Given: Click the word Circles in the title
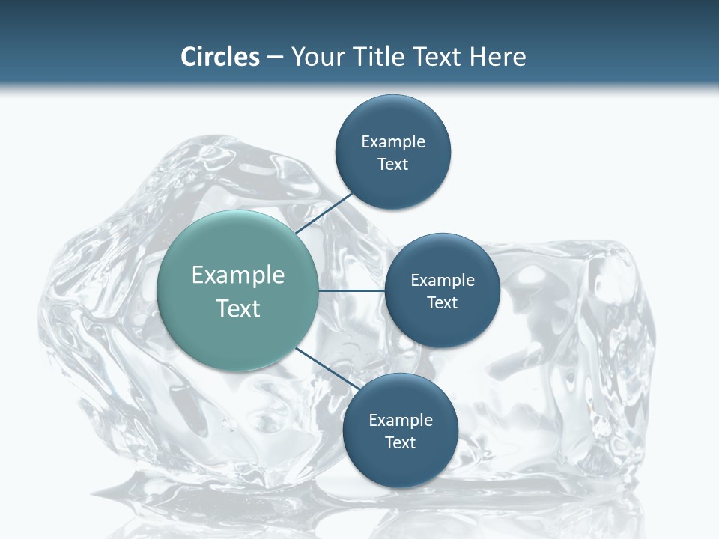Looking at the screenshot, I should [220, 57].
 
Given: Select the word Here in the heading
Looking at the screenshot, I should [497, 57].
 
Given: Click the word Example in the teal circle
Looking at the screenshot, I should [238, 275].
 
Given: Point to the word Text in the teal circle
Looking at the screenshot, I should [238, 308].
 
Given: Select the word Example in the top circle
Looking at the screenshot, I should [393, 142].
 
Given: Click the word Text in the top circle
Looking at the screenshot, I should [393, 165].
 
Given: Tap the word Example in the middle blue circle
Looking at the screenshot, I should [443, 281].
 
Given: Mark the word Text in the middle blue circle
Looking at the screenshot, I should [443, 303].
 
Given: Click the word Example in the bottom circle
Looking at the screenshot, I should [401, 421].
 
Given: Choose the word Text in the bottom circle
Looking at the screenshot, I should [401, 443].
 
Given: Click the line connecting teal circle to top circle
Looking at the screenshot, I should [324, 211].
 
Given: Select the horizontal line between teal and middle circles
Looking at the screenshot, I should [351, 290].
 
